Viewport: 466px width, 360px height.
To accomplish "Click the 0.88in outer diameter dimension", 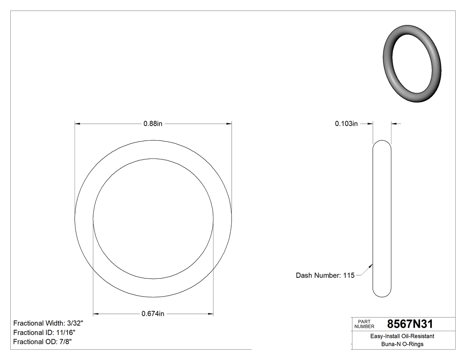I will point(153,124).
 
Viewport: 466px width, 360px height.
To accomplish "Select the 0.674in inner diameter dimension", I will point(153,314).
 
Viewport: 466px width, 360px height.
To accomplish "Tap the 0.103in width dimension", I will point(346,124).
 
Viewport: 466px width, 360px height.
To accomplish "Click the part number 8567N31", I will point(410,324).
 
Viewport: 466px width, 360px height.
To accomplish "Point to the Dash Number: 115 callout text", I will point(325,275).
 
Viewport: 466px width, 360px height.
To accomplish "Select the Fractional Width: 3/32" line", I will point(48,323).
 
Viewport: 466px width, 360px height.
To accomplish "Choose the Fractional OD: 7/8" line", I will point(43,342).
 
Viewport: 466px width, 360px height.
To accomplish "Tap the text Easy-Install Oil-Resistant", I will point(402,336).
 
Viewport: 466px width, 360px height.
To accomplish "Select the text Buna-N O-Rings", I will point(402,344).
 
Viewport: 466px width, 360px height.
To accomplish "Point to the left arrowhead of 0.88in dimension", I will point(78,124).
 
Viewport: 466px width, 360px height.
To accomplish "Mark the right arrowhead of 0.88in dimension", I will point(229,124).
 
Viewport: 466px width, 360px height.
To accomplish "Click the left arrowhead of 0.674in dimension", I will point(96,314).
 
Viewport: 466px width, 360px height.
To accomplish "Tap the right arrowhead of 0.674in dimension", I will point(210,314).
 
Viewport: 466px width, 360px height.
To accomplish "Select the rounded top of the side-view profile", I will point(382,143).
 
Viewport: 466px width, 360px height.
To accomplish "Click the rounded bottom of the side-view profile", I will point(382,295).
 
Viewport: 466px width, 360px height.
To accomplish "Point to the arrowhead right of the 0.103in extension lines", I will point(394,124).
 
